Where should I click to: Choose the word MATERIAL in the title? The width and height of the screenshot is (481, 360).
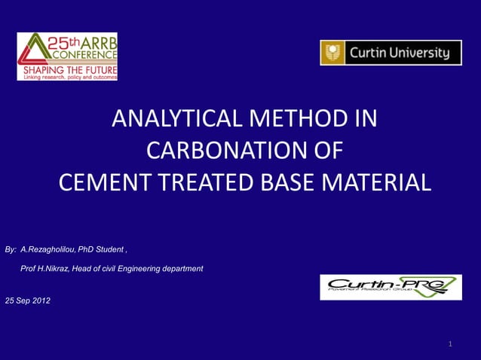(374, 182)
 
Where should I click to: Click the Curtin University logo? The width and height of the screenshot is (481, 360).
(391, 53)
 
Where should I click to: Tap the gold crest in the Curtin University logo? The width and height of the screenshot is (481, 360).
(332, 53)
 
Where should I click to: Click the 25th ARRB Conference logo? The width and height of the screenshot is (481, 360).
(67, 56)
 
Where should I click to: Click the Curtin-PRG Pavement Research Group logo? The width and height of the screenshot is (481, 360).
(391, 287)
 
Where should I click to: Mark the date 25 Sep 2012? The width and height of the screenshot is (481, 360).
(28, 301)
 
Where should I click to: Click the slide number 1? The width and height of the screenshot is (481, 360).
(450, 344)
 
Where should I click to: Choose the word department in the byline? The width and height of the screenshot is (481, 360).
(183, 269)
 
